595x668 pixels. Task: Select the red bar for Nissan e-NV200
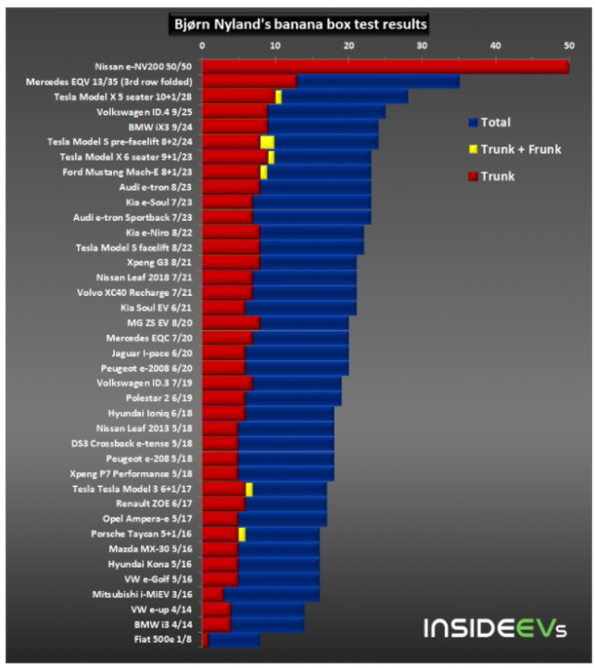(x=385, y=67)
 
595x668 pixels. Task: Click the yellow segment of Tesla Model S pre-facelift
(x=267, y=142)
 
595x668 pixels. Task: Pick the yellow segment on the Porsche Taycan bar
(x=242, y=533)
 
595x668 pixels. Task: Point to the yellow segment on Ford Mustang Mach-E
(x=263, y=172)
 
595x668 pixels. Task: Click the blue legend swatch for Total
(x=473, y=122)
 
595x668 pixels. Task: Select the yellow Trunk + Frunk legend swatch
(x=473, y=149)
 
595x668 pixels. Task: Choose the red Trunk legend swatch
(x=473, y=176)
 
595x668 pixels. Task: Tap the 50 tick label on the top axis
(x=568, y=45)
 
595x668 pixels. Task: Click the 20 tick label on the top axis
(x=348, y=45)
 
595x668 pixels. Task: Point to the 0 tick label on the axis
(x=202, y=45)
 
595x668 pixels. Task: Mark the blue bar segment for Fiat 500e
(x=234, y=639)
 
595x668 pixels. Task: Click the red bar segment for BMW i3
(x=216, y=624)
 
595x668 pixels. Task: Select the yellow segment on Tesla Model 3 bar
(x=249, y=489)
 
